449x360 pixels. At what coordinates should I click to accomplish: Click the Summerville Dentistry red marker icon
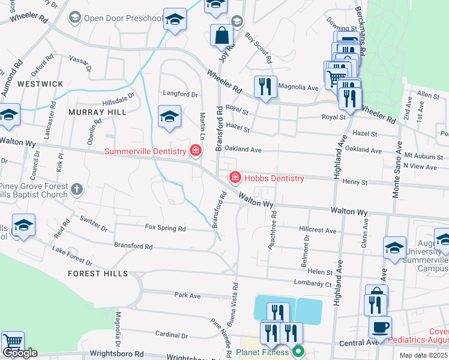tap(195, 150)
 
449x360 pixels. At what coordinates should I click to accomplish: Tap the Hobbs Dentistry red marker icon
tap(235, 178)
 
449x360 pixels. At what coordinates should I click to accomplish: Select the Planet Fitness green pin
tap(298, 352)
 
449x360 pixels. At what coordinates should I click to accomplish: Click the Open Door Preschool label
tap(123, 17)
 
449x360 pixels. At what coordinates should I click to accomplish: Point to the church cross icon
tap(76, 190)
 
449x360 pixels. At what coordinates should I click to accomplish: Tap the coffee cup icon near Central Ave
tap(380, 328)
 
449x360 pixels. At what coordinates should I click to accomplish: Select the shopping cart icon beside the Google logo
tap(12, 342)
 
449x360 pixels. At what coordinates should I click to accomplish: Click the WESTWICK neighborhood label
tap(40, 84)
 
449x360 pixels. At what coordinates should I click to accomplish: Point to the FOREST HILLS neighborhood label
tap(98, 273)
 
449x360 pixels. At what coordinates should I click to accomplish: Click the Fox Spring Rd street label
tap(166, 229)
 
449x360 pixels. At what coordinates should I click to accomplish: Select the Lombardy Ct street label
tap(313, 283)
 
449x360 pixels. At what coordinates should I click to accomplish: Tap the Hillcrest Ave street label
tap(318, 230)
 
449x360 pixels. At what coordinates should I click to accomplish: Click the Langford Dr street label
tap(181, 94)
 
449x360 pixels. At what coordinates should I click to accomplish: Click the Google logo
tap(20, 353)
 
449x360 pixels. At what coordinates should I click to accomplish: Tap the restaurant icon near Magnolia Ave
tap(265, 86)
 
